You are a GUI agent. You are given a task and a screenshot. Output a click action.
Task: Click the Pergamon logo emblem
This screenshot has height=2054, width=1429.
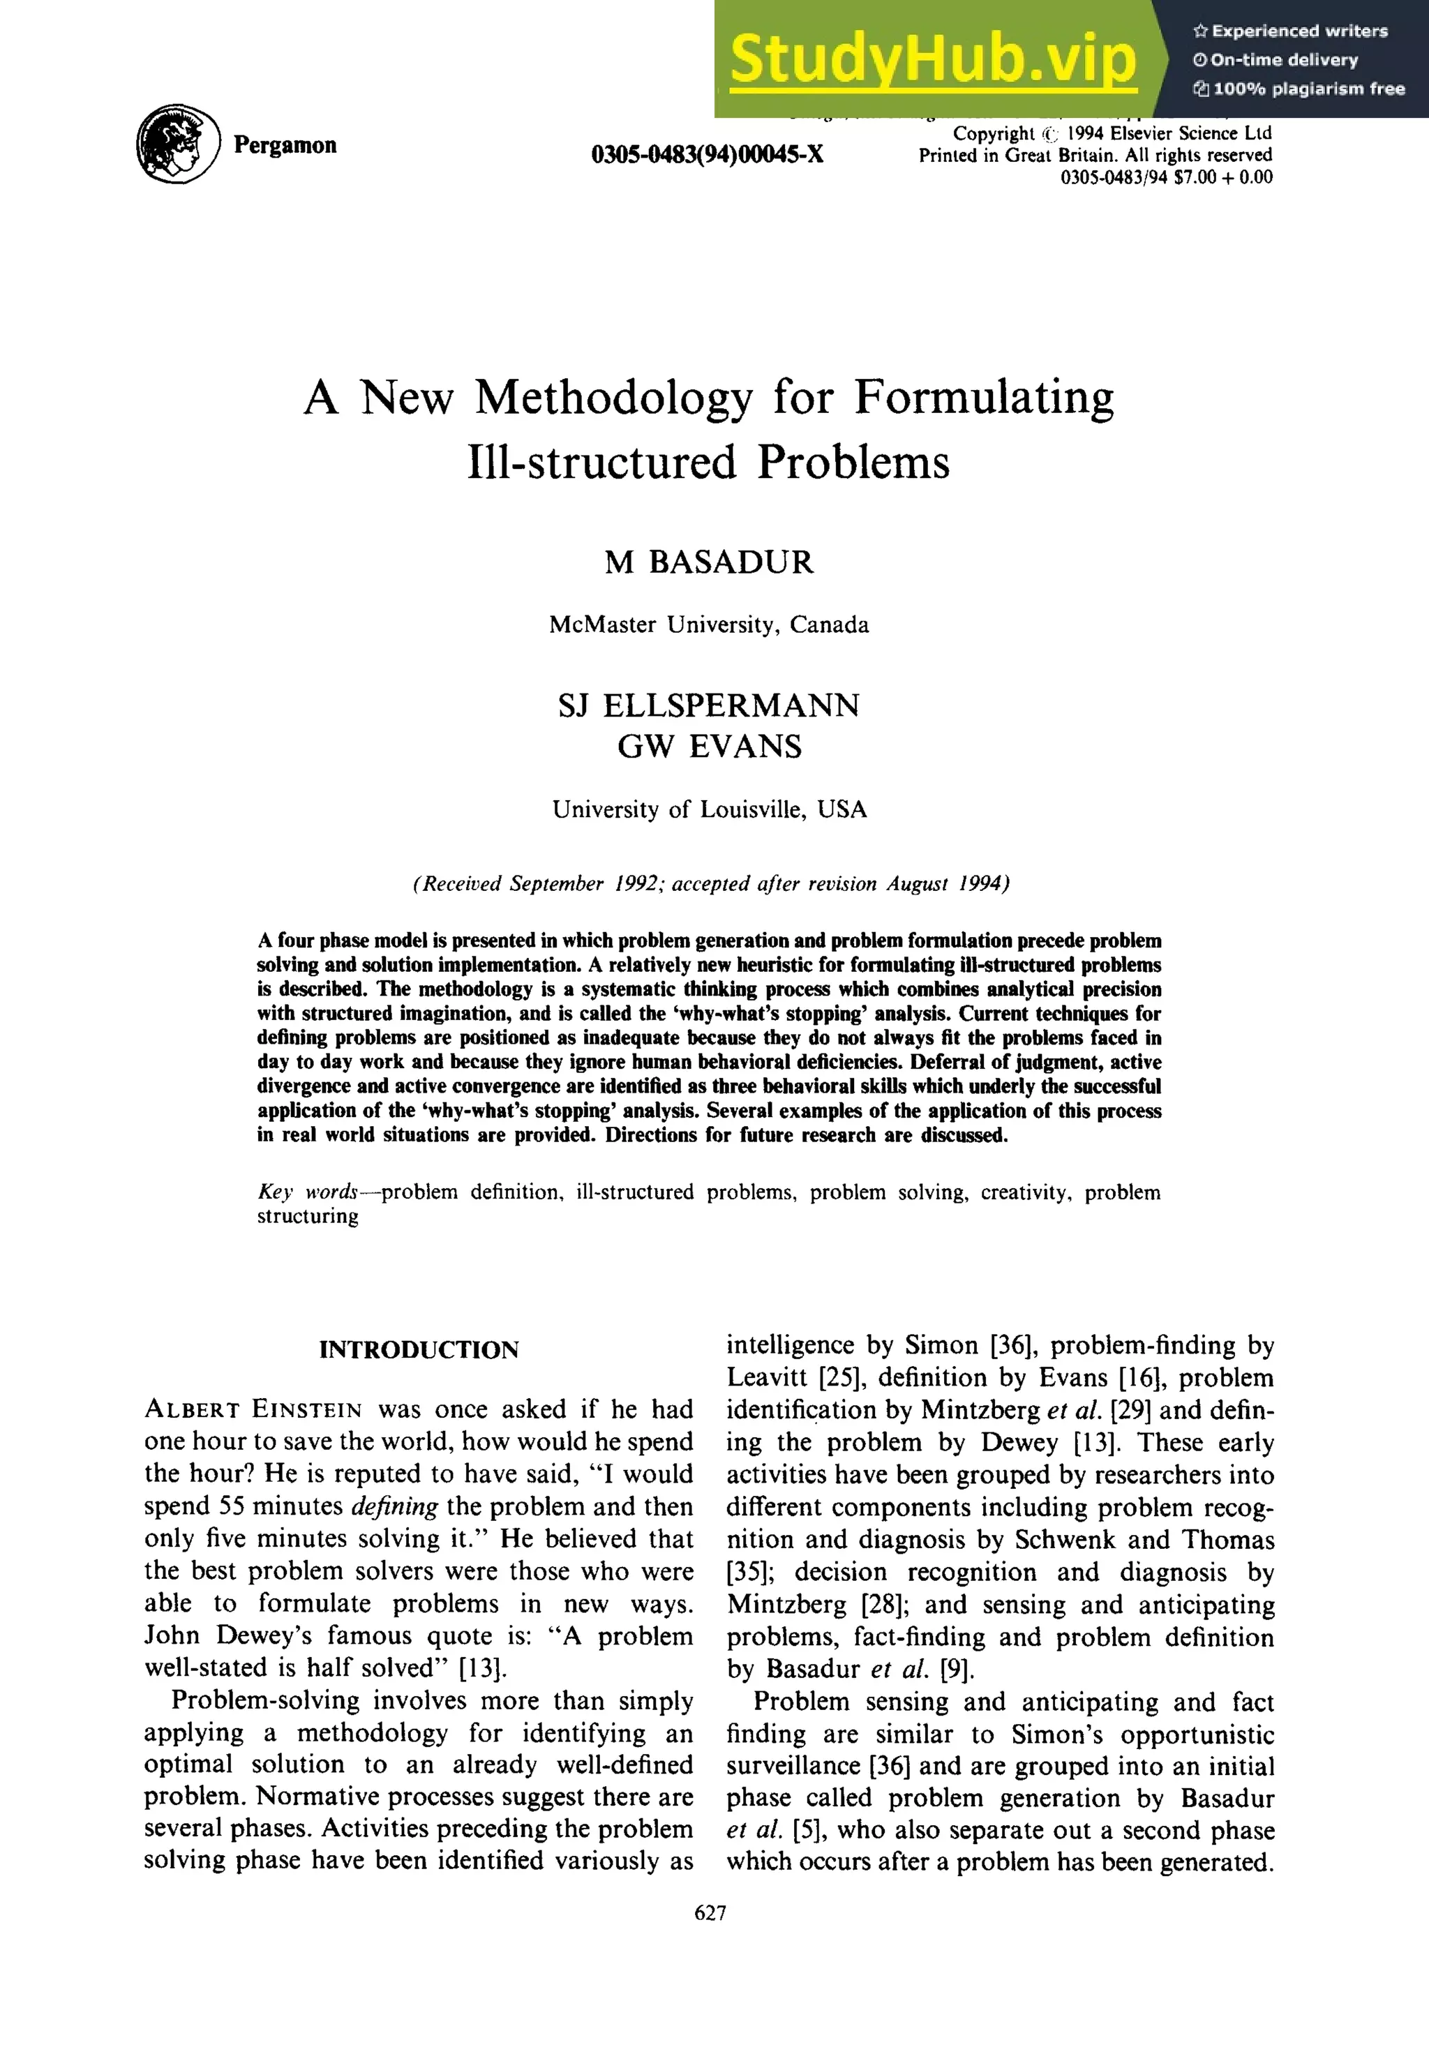177,144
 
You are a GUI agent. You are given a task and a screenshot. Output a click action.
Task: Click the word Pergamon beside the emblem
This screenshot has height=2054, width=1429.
285,145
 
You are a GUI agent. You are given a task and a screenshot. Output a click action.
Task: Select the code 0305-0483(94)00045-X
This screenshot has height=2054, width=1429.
707,155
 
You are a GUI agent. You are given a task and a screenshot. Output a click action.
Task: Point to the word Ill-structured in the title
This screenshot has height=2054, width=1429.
601,463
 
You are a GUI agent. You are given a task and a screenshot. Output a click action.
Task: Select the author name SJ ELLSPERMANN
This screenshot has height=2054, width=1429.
709,706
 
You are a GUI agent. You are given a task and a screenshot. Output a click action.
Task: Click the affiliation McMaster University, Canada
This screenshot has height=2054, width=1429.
709,624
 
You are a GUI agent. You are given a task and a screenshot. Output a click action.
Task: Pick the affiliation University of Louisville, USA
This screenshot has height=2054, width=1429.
709,809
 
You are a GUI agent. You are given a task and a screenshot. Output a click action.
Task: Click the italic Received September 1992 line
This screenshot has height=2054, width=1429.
710,884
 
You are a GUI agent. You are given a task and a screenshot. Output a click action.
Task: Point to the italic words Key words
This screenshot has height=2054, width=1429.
307,1192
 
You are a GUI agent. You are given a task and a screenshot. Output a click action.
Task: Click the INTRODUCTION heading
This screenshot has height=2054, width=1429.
419,1350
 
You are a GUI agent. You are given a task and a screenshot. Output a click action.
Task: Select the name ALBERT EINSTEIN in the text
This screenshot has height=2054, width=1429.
253,1411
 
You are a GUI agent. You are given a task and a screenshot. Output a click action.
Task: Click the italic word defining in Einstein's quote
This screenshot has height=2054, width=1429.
394,1506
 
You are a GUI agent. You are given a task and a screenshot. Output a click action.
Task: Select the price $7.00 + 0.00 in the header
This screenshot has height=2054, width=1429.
1222,177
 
